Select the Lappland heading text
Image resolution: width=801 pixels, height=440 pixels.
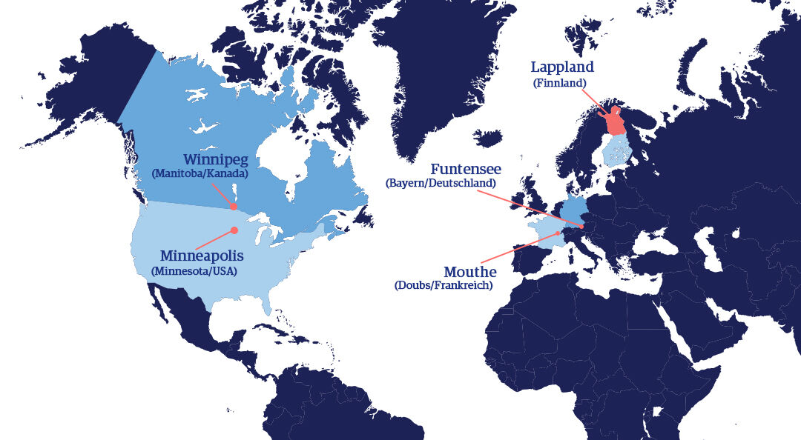coord(562,67)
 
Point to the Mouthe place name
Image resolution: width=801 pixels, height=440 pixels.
coord(469,272)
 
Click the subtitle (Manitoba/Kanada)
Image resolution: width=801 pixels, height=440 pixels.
coord(200,174)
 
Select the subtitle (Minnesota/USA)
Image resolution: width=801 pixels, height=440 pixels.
coord(194,271)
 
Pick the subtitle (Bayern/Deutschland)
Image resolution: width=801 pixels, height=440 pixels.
coord(441,183)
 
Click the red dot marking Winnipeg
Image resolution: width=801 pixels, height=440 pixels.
coord(234,207)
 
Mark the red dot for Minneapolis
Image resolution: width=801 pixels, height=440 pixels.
coord(234,230)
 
